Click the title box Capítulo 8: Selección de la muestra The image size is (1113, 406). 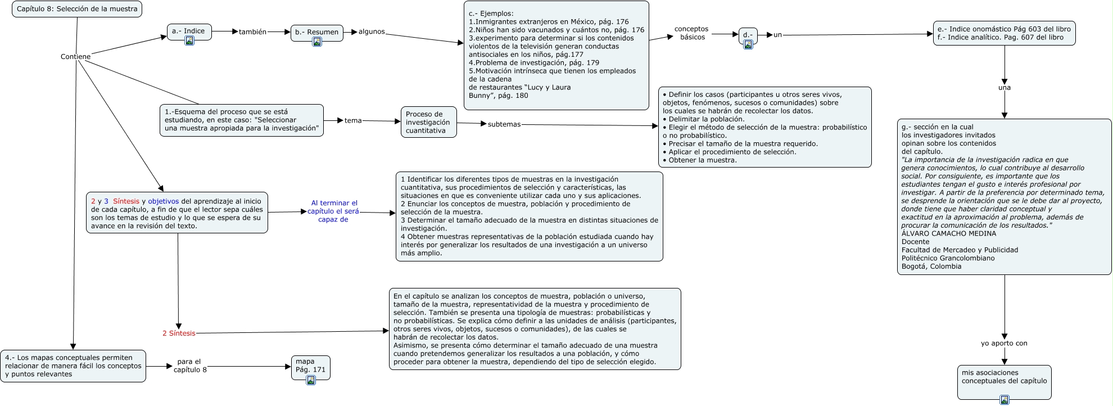[x=77, y=9]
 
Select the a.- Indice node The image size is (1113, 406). [x=189, y=31]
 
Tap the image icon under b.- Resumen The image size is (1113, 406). [x=317, y=42]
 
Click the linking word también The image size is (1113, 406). [x=252, y=32]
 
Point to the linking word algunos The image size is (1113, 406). [x=372, y=31]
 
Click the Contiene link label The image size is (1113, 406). [x=75, y=56]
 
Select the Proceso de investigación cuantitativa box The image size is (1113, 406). [x=428, y=122]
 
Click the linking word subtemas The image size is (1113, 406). [x=504, y=124]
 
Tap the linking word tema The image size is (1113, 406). [x=353, y=120]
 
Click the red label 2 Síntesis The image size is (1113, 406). [x=179, y=333]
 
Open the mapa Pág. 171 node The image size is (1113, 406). [x=310, y=366]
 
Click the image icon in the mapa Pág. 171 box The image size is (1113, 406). [x=311, y=380]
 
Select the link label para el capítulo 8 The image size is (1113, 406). [x=190, y=366]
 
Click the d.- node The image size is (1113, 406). [x=748, y=35]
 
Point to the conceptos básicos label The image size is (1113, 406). [x=692, y=33]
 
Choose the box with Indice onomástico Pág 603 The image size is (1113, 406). [x=1004, y=33]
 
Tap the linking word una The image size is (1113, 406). [x=1005, y=88]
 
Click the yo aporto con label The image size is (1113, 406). [x=1004, y=343]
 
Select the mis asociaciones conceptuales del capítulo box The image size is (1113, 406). [x=1004, y=377]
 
